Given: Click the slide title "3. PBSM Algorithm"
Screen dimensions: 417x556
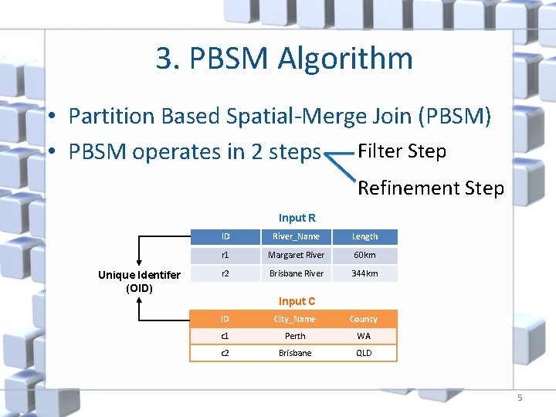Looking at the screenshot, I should pos(284,59).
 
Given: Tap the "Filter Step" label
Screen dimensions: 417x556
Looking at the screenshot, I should pos(402,151).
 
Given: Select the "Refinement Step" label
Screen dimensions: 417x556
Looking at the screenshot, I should pos(431,188).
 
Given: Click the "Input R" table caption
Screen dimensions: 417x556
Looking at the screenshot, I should pos(297,219).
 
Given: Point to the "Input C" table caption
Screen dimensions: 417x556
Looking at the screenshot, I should pos(297,301).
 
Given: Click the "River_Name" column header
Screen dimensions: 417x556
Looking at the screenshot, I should pos(296,236).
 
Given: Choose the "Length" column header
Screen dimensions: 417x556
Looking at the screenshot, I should pos(364,236).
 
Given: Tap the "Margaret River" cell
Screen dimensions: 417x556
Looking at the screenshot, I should pos(296,255).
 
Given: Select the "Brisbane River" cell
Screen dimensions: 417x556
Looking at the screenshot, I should pos(296,273).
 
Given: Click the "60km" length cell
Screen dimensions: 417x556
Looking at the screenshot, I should pos(364,255).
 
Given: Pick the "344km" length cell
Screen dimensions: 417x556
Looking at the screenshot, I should pos(364,273).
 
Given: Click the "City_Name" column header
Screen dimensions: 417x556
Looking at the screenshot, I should pos(295,319).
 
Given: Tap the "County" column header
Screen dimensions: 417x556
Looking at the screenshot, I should pos(363,319).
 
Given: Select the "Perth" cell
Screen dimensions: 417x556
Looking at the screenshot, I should pos(295,336).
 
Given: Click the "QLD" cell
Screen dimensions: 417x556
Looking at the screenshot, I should pos(363,353).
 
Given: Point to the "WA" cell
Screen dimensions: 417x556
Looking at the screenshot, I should pos(363,336).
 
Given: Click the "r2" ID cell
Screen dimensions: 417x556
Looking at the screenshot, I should pos(225,273).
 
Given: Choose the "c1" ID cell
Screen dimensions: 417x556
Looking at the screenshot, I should pos(225,336).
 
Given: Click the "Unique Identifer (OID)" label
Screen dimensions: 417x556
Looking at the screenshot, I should pos(139,281).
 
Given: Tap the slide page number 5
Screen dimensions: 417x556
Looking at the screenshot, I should pos(520,398).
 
